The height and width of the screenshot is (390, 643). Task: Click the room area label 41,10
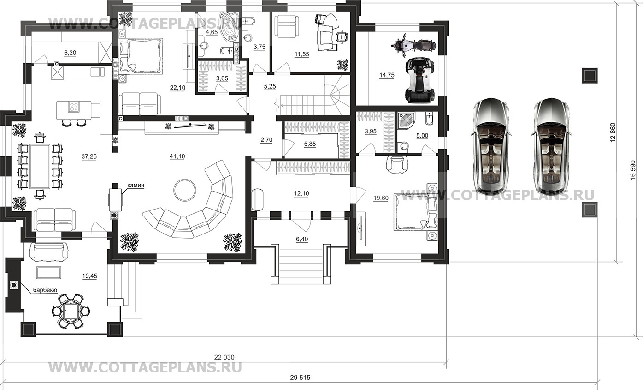(177, 156)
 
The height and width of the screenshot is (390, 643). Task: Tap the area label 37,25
(89, 156)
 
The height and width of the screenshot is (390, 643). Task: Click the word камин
(136, 186)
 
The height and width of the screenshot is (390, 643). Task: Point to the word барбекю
(45, 290)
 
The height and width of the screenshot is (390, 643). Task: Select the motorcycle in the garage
(413, 45)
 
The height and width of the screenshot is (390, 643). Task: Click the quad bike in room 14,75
(419, 80)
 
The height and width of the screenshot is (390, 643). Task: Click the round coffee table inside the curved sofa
(185, 190)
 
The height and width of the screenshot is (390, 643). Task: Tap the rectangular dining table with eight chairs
(40, 167)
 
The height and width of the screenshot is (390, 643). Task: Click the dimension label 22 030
(224, 357)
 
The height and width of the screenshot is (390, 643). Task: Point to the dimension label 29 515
(300, 378)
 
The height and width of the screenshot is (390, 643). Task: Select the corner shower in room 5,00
(406, 121)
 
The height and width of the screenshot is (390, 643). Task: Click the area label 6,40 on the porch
(302, 239)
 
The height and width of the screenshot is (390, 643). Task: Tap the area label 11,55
(302, 54)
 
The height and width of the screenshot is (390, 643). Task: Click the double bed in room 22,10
(141, 55)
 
